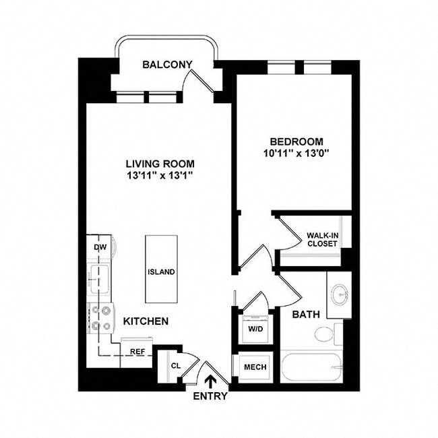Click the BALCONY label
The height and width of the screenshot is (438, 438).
tap(168, 65)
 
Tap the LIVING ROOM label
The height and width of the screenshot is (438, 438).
tap(160, 163)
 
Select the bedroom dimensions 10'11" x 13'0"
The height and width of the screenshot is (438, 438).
tap(296, 153)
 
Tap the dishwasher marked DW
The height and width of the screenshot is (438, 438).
tap(99, 247)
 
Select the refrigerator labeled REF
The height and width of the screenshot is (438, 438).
tap(137, 352)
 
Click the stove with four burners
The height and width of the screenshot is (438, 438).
tap(101, 319)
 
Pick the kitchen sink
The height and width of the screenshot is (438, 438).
tap(100, 278)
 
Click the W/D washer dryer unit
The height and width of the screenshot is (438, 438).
tap(254, 330)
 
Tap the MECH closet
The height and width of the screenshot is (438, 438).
tap(255, 367)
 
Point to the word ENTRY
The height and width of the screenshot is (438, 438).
tap(210, 396)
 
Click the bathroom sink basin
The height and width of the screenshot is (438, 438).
tap(340, 294)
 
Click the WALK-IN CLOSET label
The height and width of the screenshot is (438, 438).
tap(321, 239)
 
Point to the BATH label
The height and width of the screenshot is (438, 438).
tap(305, 314)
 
